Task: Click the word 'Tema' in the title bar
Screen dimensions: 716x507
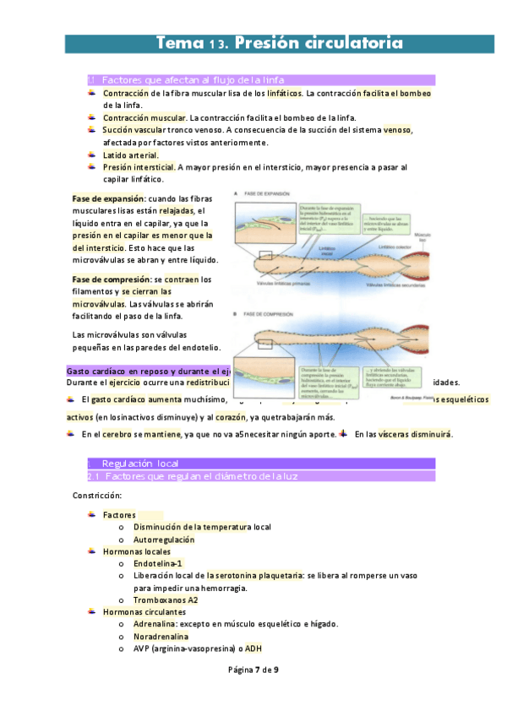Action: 180,43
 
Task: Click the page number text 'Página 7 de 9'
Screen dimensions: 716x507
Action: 253,670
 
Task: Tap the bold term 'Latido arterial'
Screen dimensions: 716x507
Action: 130,155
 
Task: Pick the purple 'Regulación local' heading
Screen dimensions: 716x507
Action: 139,464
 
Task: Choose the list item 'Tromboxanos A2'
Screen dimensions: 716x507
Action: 166,599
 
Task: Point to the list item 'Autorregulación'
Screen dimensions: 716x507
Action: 164,540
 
